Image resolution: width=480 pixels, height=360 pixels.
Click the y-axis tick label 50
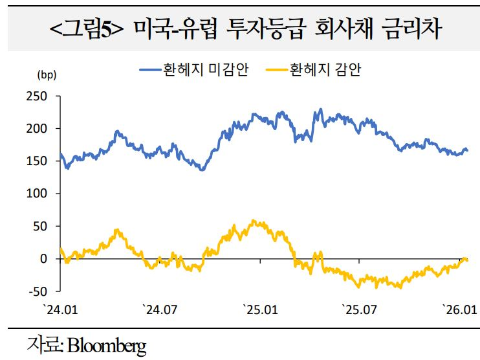click(x=41, y=226)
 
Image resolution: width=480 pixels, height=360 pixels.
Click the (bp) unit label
click(x=47, y=75)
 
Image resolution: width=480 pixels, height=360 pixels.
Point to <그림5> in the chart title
click(x=87, y=29)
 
